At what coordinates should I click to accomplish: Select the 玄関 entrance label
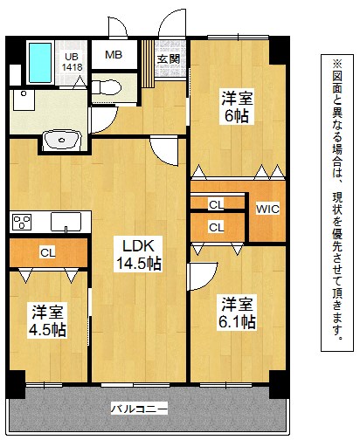[x=168, y=58]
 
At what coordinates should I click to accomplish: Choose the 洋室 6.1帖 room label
[x=237, y=313]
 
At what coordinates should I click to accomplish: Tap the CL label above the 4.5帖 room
[x=47, y=254]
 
